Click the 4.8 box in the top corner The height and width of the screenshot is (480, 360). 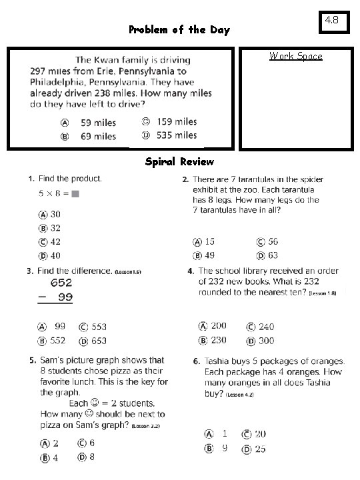(332, 21)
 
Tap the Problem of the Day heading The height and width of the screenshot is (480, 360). (179, 30)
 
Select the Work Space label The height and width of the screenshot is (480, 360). (296, 56)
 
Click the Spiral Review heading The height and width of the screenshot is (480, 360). (179, 162)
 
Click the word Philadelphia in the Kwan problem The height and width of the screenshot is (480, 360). (61, 82)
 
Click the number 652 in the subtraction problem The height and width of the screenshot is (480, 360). (61, 283)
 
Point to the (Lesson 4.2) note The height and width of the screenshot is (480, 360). (239, 395)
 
